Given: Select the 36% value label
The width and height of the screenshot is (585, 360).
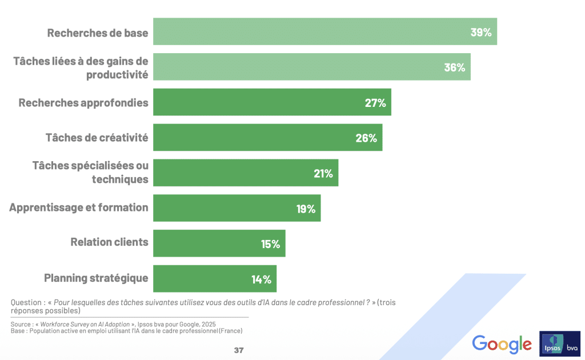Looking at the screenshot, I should pos(455,67).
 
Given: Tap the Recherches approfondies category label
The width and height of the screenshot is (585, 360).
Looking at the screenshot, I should pos(83,103).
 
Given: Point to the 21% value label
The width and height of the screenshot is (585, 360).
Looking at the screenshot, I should pos(323,173).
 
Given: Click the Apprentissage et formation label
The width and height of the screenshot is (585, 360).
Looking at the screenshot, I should pos(79,207).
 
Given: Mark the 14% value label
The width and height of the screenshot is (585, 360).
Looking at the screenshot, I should pos(261,279).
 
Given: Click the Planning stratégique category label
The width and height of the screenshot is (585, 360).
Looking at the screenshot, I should pos(96,278).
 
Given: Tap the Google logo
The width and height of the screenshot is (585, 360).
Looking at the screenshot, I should pos(502,344).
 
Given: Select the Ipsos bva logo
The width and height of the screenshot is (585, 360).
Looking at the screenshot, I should pos(560,344).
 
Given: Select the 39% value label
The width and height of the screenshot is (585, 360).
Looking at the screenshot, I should pos(481,32).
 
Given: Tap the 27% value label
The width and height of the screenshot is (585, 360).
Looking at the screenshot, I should pos(375,103).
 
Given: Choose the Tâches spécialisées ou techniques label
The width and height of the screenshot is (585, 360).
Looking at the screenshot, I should pos(90,173).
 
